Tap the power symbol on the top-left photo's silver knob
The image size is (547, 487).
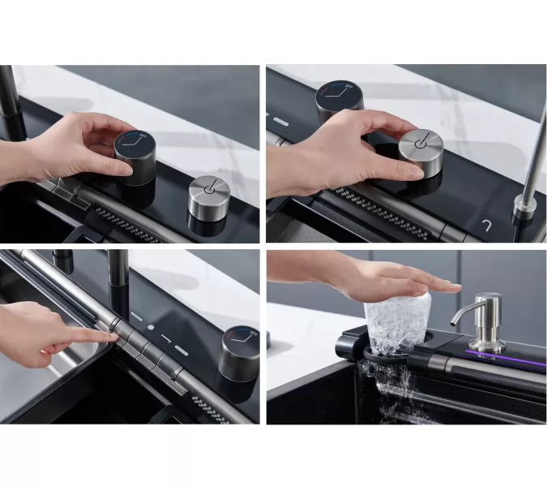point(208,186)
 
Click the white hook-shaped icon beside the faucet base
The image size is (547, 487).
point(488,225)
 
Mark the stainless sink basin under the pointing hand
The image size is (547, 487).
point(41,381)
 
